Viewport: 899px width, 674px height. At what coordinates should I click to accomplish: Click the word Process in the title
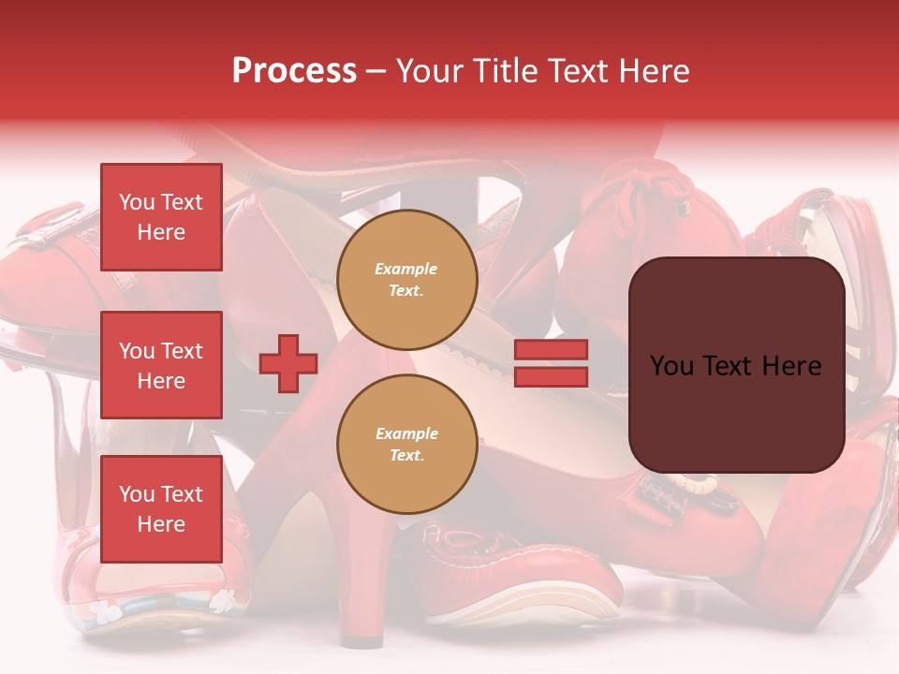294,71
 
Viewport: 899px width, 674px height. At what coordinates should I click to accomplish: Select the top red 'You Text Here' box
161,217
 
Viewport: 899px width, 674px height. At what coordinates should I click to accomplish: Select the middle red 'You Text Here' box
161,365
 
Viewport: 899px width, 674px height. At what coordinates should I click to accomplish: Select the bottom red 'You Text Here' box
161,509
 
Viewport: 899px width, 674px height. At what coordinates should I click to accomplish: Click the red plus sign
288,363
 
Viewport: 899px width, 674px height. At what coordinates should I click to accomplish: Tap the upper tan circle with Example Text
406,279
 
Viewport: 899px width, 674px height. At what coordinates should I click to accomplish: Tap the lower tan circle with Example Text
406,444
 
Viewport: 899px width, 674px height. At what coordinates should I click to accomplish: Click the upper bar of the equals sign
551,349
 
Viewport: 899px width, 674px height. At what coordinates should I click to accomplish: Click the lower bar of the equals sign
551,376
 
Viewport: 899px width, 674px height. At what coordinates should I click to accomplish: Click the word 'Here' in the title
652,71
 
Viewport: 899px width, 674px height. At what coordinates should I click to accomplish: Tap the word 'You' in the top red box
137,202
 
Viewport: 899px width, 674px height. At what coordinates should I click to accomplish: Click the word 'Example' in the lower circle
406,433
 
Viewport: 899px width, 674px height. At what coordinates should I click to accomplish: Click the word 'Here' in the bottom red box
161,524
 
